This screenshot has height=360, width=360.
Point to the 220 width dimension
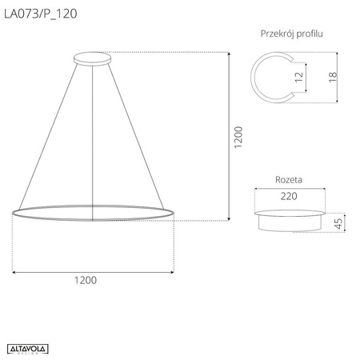pyautogui.click(x=289, y=195)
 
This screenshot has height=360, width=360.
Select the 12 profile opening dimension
pyautogui.click(x=298, y=78)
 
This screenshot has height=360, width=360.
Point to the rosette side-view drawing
pyautogui.click(x=290, y=219)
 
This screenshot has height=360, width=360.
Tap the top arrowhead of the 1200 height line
pyautogui.click(x=230, y=54)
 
